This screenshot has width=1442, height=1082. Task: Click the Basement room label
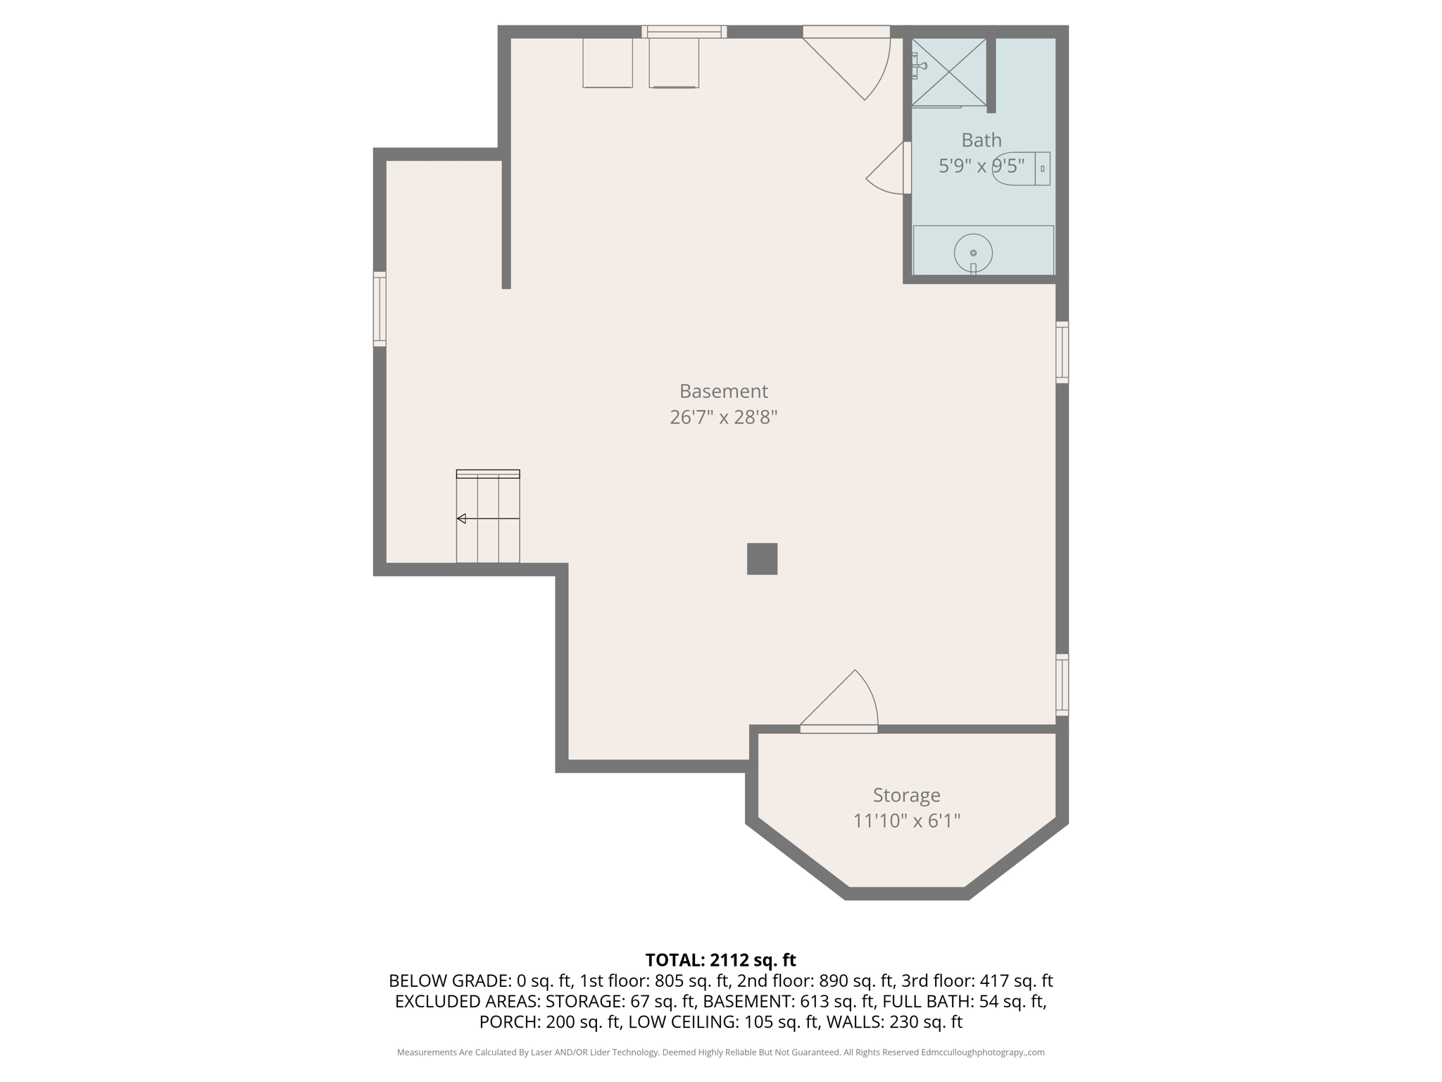pyautogui.click(x=723, y=391)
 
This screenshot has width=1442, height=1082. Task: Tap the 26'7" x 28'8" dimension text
pyautogui.click(x=723, y=417)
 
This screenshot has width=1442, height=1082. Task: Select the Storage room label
pyautogui.click(x=906, y=795)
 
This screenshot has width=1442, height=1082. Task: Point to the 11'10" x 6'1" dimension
pyautogui.click(x=906, y=821)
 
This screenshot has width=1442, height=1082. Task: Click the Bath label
pyautogui.click(x=981, y=140)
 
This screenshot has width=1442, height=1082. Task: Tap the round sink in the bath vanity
pyautogui.click(x=973, y=252)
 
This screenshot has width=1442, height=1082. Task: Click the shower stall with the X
pyautogui.click(x=948, y=72)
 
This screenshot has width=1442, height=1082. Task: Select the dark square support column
pyautogui.click(x=762, y=559)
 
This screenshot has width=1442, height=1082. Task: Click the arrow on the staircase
pyautogui.click(x=462, y=518)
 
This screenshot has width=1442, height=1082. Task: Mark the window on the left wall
pyautogui.click(x=380, y=309)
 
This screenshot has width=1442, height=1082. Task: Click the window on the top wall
pyautogui.click(x=684, y=31)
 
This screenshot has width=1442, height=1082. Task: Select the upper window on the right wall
pyautogui.click(x=1062, y=352)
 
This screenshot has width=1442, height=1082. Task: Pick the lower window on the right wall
pyautogui.click(x=1062, y=684)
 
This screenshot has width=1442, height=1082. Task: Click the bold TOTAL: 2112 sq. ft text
pyautogui.click(x=720, y=960)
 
